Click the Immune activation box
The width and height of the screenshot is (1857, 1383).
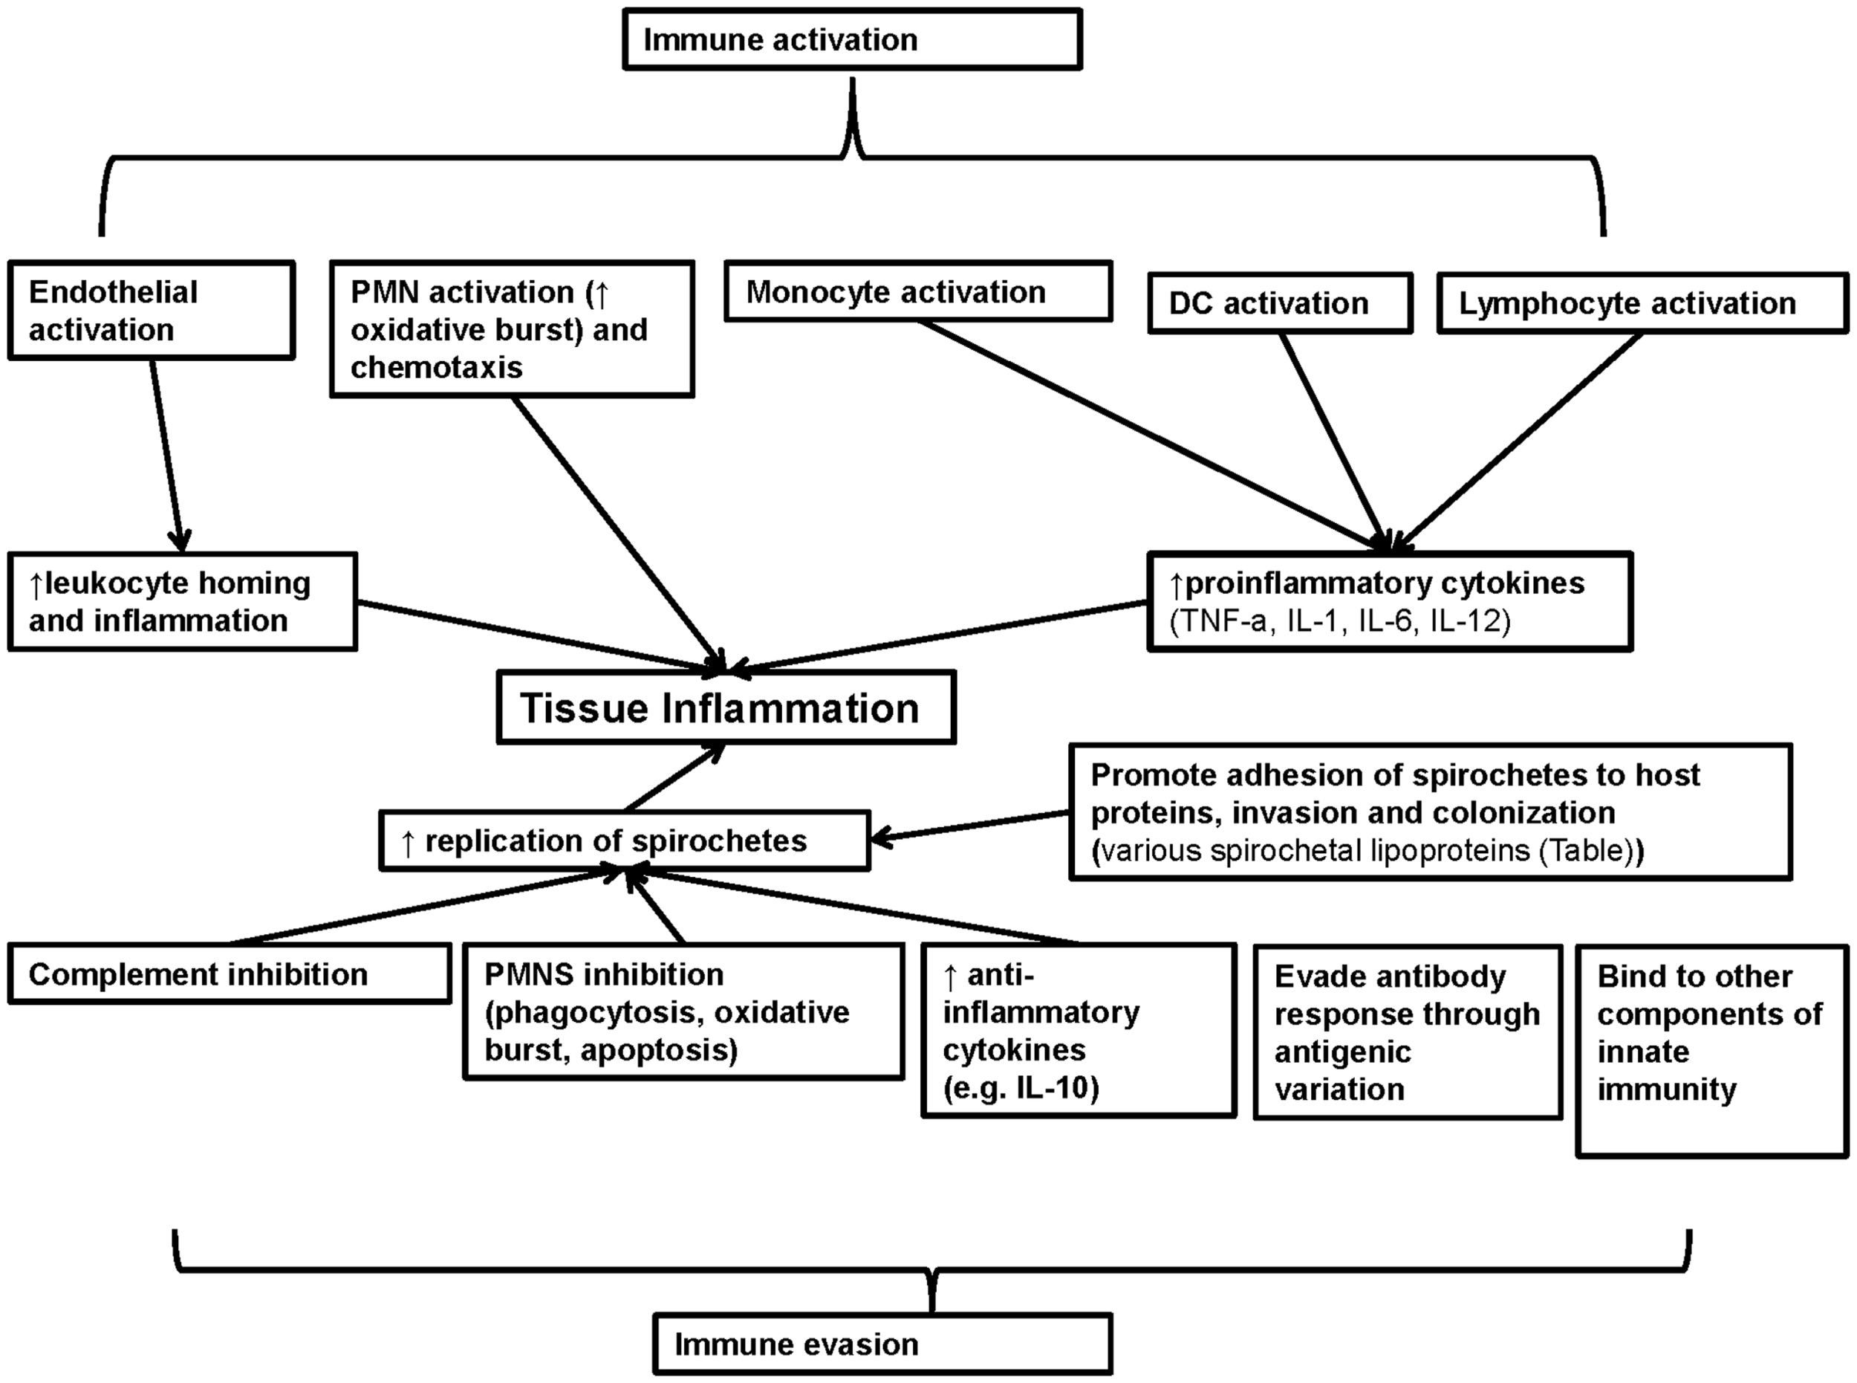[x=852, y=39]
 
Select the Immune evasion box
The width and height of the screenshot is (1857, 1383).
[x=882, y=1344]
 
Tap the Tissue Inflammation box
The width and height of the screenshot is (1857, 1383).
[x=726, y=707]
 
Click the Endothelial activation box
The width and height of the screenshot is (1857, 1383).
[x=151, y=311]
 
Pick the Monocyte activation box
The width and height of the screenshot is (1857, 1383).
[x=917, y=291]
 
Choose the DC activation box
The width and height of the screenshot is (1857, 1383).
[x=1280, y=303]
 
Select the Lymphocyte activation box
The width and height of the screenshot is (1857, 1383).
[x=1641, y=303]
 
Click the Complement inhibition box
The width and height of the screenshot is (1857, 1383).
[x=230, y=974]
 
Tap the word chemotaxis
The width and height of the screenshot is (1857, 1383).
[x=436, y=366]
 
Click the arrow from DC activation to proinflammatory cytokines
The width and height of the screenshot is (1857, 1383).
[x=1333, y=444]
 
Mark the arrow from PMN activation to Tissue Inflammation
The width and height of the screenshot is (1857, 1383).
[x=615, y=531]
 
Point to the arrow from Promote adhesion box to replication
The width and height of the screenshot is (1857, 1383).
[x=971, y=825]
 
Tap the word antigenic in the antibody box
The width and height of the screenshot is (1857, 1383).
[x=1342, y=1051]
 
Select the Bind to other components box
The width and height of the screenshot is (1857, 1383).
[x=1711, y=1051]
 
